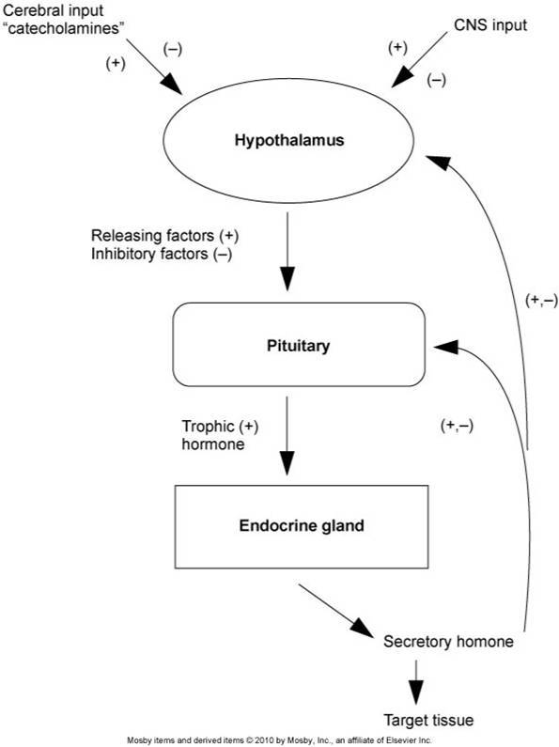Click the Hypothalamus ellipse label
pyautogui.click(x=289, y=140)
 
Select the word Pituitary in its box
pyautogui.click(x=298, y=345)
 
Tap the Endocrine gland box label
pyautogui.click(x=302, y=525)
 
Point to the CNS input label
pyautogui.click(x=490, y=24)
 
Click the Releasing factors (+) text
pyautogui.click(x=164, y=235)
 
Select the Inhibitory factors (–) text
pyautogui.click(x=162, y=254)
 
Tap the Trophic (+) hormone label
pyautogui.click(x=220, y=435)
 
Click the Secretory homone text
pyautogui.click(x=448, y=641)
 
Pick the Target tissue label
pyautogui.click(x=428, y=720)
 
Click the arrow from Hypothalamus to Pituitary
pyautogui.click(x=287, y=252)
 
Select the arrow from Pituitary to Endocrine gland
pyautogui.click(x=287, y=436)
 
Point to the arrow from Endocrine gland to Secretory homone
pyautogui.click(x=336, y=611)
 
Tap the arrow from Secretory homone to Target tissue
pyautogui.click(x=415, y=682)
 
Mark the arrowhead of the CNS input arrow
pyautogui.click(x=401, y=77)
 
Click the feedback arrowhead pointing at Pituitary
pyautogui.click(x=446, y=347)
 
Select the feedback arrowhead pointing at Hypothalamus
pyautogui.click(x=438, y=162)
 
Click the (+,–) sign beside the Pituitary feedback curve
pyautogui.click(x=458, y=426)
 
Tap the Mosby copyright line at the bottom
pyautogui.click(x=279, y=740)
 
